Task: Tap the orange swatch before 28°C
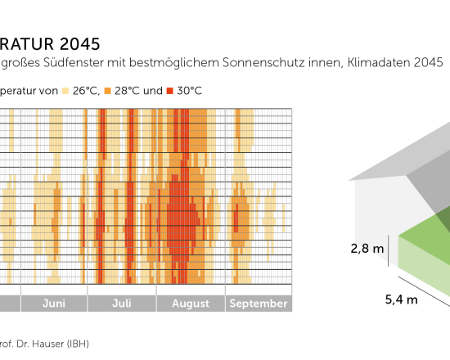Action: pos(109,90)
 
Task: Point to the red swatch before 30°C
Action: pos(170,90)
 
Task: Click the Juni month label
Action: pos(53,304)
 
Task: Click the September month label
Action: pos(258,304)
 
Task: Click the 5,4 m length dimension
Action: pos(401,299)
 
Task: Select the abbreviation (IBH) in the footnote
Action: pos(75,344)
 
